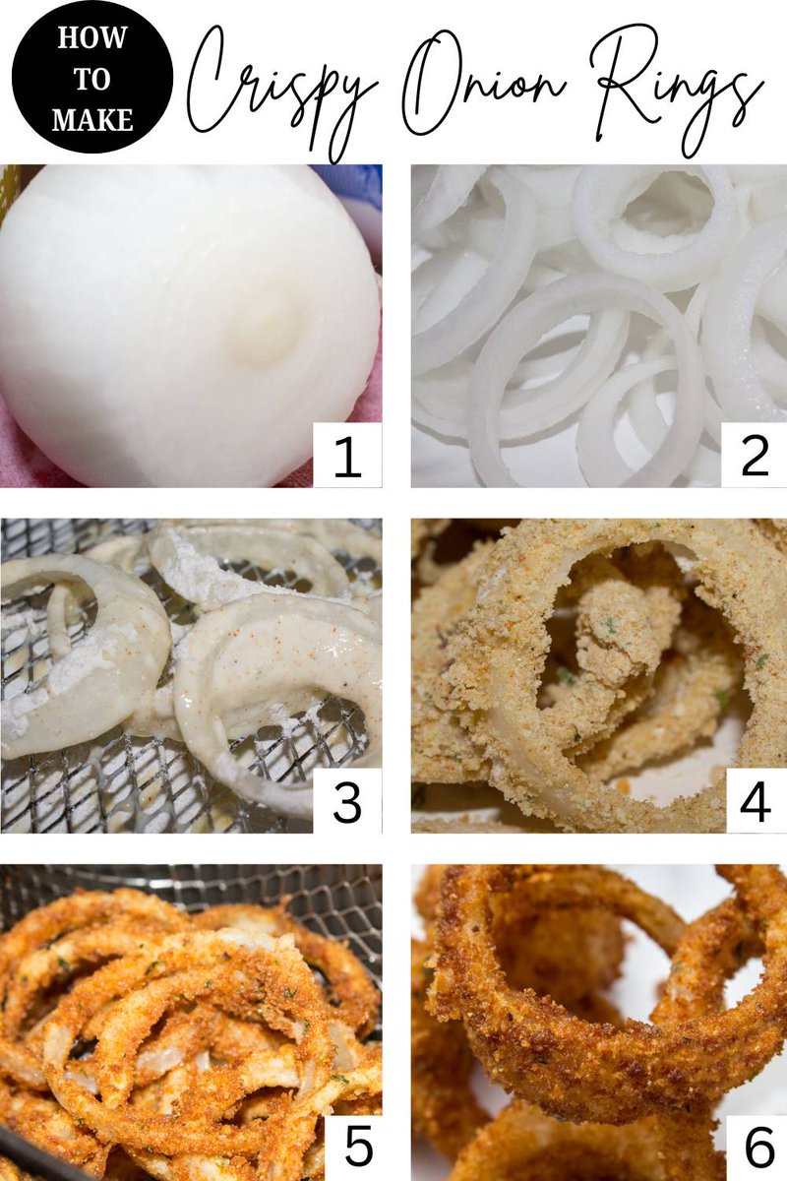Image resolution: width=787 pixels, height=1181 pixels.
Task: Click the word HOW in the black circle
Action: (92, 38)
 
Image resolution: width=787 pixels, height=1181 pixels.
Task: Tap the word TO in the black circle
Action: (92, 79)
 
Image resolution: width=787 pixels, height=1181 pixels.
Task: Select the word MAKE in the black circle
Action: (92, 120)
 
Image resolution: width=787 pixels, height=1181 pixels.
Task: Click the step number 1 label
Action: (347, 455)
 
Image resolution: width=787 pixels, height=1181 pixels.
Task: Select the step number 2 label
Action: (755, 455)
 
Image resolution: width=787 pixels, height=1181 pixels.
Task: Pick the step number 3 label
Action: (347, 802)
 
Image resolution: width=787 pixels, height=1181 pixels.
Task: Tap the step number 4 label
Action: (756, 802)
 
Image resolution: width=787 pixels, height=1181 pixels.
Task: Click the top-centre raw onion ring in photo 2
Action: (653, 226)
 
